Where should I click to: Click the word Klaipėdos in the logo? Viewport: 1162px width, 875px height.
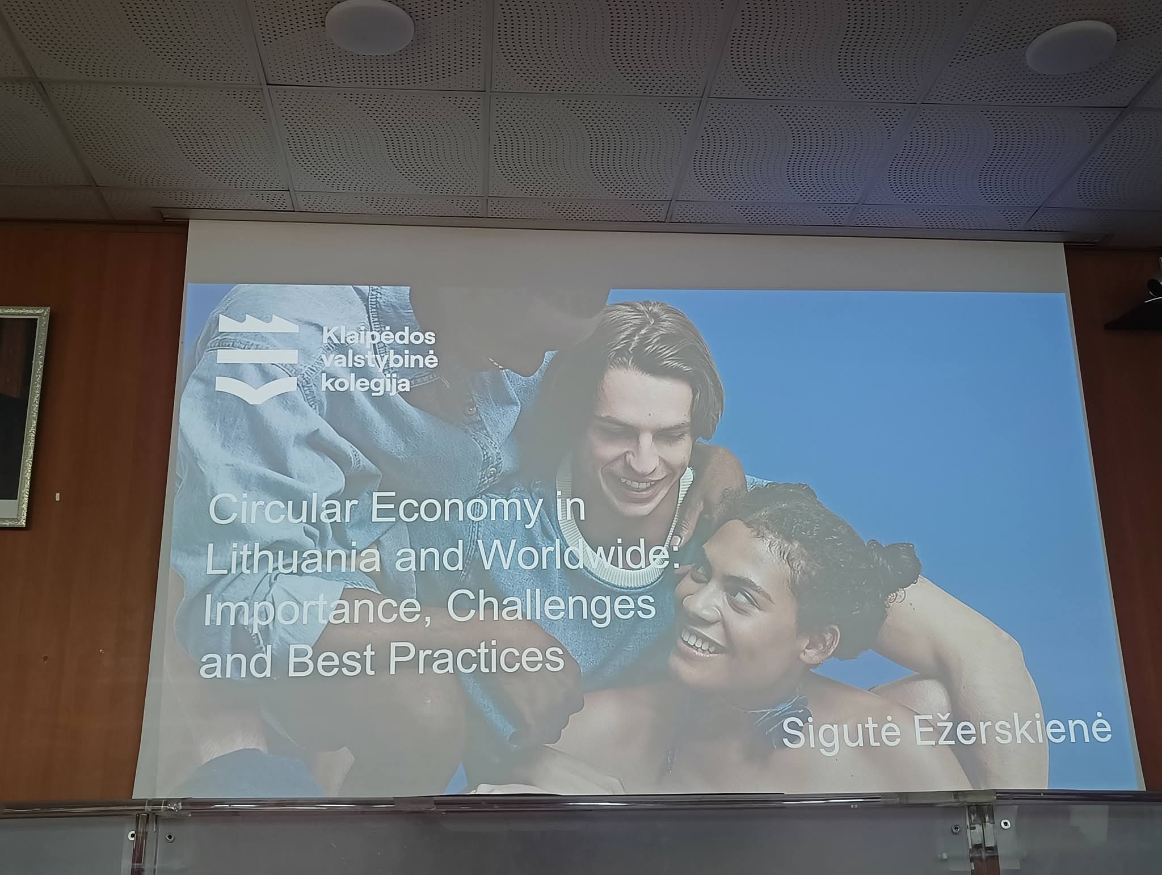pos(378,336)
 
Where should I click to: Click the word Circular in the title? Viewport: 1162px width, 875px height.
pos(283,510)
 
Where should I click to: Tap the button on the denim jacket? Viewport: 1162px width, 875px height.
pos(469,410)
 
